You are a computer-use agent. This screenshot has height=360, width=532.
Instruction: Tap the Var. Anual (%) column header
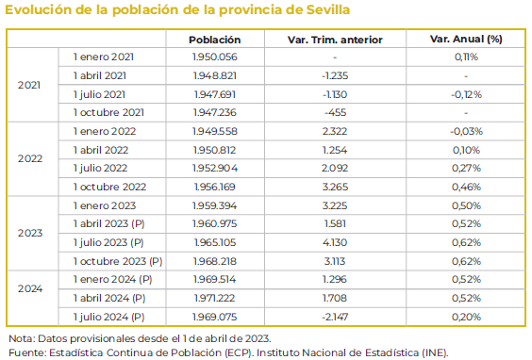tap(465, 40)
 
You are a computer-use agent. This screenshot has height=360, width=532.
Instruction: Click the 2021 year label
tap(29, 84)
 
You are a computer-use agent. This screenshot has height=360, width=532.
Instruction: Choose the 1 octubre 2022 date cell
tap(109, 187)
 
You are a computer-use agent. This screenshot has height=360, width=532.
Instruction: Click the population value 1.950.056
tap(214, 57)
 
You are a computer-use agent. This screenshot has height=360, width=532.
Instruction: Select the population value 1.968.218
tap(214, 260)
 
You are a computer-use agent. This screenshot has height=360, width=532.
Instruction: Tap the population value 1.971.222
tap(214, 298)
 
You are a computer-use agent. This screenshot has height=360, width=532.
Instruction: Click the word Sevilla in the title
tap(320, 11)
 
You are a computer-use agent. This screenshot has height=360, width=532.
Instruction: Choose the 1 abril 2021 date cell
tap(100, 75)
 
